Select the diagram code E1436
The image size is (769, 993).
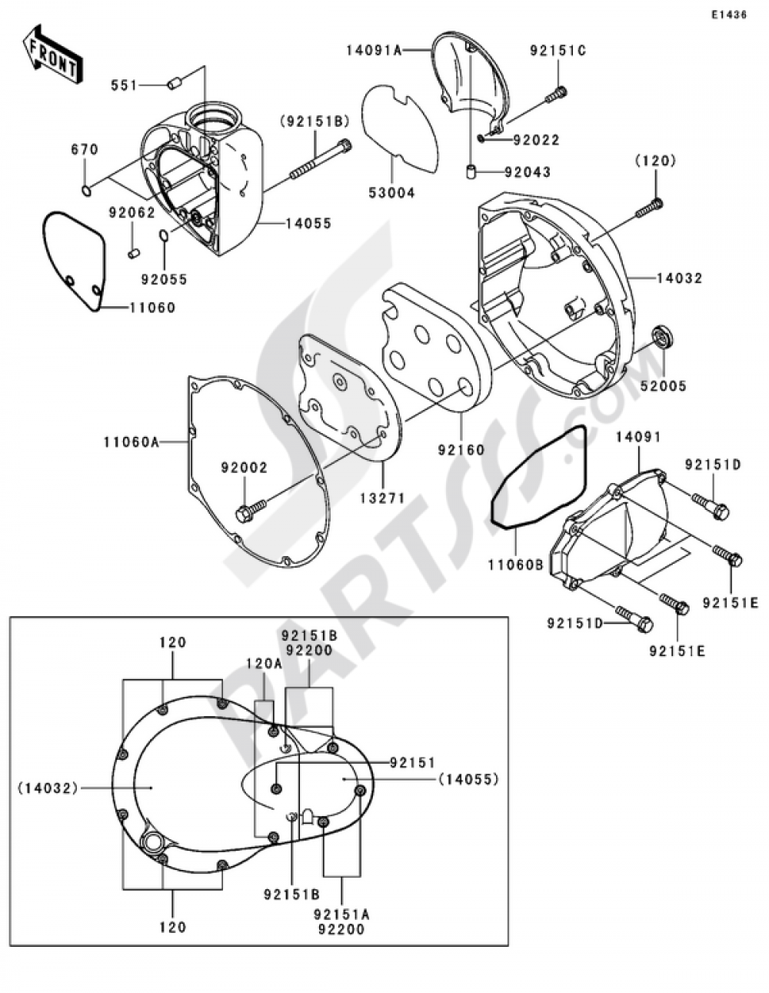point(728,15)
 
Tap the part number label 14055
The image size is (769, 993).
point(308,224)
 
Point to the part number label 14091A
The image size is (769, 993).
point(374,50)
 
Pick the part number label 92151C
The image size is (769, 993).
point(558,51)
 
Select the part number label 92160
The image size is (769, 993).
point(462,450)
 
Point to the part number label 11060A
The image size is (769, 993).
point(131,442)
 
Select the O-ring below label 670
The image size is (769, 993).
point(86,190)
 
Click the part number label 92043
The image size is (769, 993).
point(528,172)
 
